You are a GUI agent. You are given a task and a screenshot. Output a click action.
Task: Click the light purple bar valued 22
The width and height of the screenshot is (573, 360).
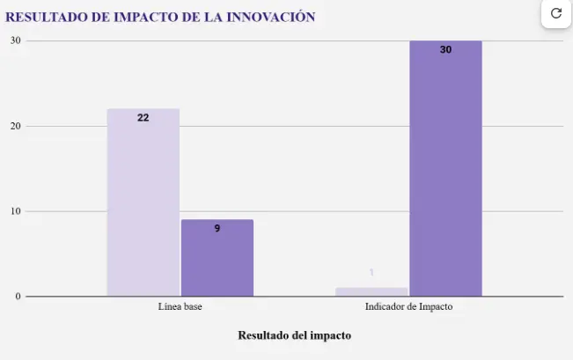143,202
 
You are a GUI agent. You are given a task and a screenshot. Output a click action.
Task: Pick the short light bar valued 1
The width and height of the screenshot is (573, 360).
371,292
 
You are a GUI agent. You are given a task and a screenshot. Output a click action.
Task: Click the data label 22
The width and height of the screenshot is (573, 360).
143,117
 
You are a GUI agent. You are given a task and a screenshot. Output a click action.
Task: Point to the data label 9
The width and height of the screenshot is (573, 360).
217,228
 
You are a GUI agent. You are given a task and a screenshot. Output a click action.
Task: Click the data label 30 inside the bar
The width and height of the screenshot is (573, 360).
445,49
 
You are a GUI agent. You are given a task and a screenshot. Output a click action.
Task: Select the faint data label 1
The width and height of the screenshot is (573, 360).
371,273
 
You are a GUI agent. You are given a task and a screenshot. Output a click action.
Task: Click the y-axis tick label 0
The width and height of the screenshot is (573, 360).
17,297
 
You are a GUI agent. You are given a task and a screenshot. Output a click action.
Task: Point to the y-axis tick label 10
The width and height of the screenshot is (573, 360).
15,211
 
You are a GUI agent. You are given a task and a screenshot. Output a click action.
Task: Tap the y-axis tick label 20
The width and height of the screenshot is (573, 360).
15,126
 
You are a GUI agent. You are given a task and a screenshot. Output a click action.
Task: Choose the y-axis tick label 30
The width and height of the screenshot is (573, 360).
15,40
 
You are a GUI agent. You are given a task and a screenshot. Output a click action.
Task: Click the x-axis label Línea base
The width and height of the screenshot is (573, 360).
180,308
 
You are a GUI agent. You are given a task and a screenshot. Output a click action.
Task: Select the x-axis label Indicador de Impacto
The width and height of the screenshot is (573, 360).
408,308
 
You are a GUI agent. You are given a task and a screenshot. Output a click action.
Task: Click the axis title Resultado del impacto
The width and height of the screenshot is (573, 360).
294,335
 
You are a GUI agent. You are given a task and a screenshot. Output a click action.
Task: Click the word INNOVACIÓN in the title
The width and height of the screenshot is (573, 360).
271,17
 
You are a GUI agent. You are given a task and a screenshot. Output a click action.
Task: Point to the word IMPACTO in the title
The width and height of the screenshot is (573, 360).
141,17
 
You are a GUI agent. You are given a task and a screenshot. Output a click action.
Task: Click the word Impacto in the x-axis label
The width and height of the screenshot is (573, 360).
436,308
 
